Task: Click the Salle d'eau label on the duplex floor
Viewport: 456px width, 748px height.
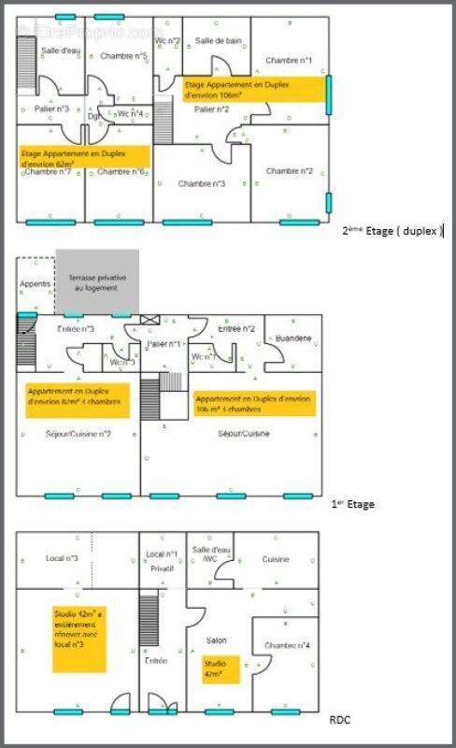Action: [61, 50]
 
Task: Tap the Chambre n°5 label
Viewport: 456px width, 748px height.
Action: [123, 57]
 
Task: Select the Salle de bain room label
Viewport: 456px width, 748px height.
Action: [219, 41]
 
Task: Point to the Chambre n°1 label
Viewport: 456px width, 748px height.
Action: [288, 60]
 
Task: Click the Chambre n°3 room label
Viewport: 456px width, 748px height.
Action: [202, 184]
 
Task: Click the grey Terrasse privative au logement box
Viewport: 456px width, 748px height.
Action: [97, 282]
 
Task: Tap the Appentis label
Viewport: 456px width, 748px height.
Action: [36, 283]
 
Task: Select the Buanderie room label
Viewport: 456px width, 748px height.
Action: [294, 338]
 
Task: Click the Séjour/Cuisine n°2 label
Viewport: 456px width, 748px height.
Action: [78, 434]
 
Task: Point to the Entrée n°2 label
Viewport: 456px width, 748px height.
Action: [236, 329]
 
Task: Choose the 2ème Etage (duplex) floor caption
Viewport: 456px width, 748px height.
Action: [393, 230]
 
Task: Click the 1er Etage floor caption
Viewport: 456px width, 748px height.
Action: [353, 504]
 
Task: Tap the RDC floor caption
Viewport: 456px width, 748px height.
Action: [340, 721]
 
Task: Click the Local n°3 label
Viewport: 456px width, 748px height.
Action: [62, 559]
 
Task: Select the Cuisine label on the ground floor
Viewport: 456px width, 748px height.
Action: [275, 559]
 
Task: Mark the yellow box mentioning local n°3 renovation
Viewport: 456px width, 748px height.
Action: [78, 639]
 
